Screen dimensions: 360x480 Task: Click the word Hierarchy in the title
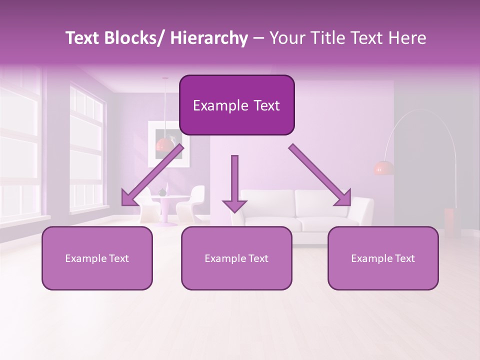point(209,38)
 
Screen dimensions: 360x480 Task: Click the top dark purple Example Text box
point(236,105)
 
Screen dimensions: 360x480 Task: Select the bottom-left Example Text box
point(97,258)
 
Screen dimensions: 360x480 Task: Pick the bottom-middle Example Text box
point(236,258)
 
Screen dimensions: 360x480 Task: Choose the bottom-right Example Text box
point(383,258)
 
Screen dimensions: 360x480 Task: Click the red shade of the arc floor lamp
point(383,168)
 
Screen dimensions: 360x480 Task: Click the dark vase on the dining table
point(162,192)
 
